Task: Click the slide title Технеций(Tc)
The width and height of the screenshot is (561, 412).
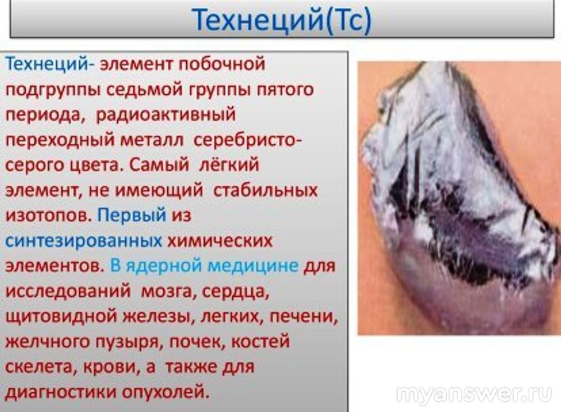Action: [282, 20]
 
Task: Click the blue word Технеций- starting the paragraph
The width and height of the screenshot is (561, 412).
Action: [50, 65]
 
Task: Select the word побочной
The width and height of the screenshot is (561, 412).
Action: [222, 65]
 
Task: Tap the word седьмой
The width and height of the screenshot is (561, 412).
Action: [145, 89]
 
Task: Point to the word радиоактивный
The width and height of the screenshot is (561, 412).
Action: [165, 115]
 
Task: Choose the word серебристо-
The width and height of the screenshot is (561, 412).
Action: [247, 140]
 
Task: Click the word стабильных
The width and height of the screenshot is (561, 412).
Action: [265, 190]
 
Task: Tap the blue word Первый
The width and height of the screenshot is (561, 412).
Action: [132, 216]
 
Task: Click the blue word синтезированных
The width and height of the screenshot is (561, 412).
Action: [84, 241]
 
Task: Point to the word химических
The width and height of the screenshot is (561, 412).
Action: [220, 241]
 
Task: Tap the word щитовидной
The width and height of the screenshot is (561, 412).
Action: [62, 317]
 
